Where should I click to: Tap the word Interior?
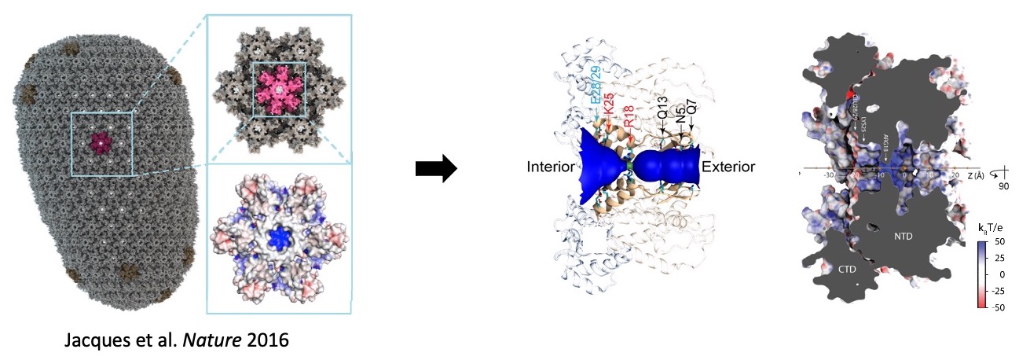click(552, 167)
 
